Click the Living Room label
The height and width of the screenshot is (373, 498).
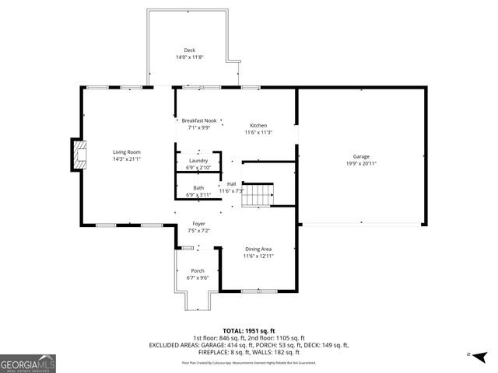[x=126, y=152]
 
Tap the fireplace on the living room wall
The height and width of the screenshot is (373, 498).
[x=79, y=154]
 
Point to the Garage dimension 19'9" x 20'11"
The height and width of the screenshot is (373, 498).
[x=361, y=163]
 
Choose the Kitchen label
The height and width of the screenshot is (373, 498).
[x=258, y=126]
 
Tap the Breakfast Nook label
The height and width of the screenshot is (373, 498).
[x=199, y=120]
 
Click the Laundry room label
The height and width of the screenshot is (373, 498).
[x=198, y=161]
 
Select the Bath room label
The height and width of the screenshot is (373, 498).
[x=198, y=188]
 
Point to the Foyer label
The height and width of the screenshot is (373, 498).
[x=198, y=224]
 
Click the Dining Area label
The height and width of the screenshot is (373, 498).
[x=258, y=249]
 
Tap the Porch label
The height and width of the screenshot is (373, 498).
[x=198, y=270]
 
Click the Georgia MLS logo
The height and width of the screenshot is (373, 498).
[x=28, y=363]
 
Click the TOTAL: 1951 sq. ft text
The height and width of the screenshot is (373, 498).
[x=249, y=330]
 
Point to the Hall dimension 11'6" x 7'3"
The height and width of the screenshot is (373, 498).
[x=231, y=190]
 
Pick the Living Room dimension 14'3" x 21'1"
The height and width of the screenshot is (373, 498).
[x=126, y=159]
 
